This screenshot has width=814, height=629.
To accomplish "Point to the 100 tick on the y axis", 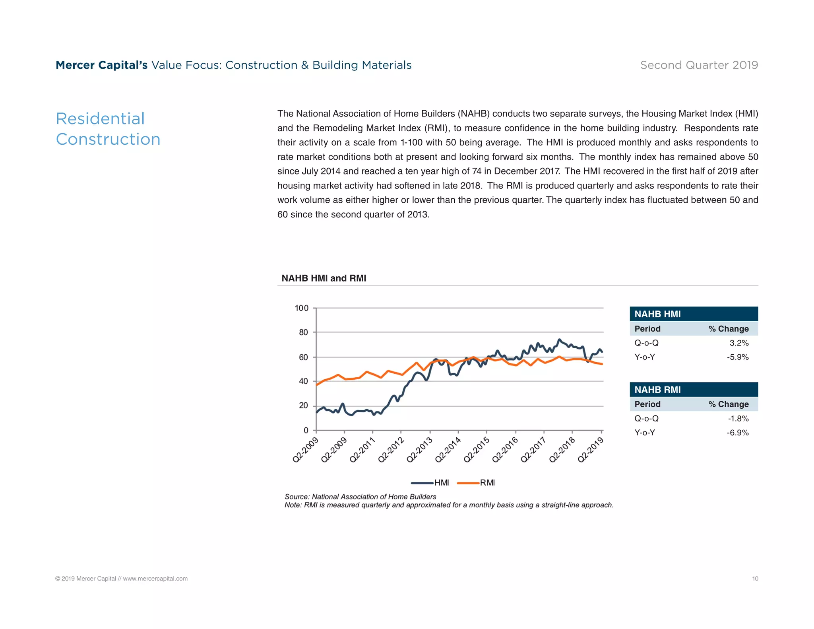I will click(301, 308).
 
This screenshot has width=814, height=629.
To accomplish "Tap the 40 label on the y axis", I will click(303, 381).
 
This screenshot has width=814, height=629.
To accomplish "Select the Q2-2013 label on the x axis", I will click(419, 450).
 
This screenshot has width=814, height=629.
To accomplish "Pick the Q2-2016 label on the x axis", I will click(505, 450).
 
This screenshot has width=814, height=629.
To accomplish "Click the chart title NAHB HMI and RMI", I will click(324, 278).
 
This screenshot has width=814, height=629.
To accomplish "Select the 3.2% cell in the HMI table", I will click(739, 343).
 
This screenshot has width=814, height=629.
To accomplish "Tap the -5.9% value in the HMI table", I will click(738, 357).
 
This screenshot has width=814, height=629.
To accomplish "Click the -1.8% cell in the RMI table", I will click(738, 419).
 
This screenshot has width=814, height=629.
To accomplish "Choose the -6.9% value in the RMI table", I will click(738, 433).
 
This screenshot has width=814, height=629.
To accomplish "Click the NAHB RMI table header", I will click(657, 390).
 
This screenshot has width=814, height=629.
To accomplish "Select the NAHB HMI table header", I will click(657, 314).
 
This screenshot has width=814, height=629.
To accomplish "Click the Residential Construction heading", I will click(108, 129).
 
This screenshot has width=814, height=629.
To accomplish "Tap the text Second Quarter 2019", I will click(699, 65).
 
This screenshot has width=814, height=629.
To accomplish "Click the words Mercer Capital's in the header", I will click(101, 65).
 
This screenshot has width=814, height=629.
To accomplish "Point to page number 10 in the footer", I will click(755, 579).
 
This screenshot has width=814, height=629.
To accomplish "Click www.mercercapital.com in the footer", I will click(155, 579).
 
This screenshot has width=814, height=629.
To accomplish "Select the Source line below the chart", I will click(360, 497).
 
